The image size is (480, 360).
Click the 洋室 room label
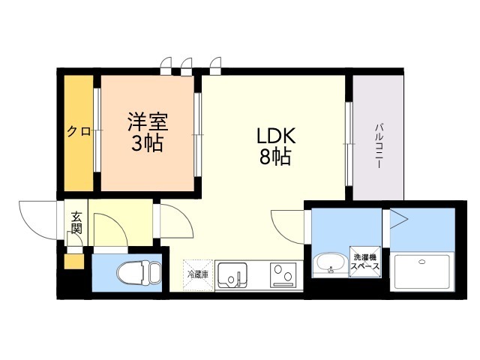(x=148, y=121)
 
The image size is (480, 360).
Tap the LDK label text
(x=276, y=136)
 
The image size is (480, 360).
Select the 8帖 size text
(x=275, y=157)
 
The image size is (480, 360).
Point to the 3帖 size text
(x=147, y=143)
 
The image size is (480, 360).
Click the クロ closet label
(x=79, y=132)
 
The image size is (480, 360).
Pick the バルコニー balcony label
(x=379, y=145)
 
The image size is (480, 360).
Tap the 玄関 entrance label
(x=76, y=223)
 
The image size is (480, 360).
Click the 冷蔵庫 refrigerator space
(x=198, y=275)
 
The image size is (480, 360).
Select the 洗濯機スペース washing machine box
(x=365, y=262)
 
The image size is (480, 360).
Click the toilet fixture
(x=139, y=271)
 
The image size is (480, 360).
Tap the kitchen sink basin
(x=232, y=274)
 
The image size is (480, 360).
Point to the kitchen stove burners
(x=283, y=274)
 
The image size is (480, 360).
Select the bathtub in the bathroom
(x=422, y=271)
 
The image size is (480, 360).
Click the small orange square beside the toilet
(x=73, y=262)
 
